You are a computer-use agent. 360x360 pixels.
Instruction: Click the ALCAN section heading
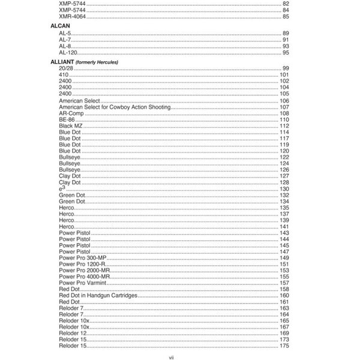[59, 27]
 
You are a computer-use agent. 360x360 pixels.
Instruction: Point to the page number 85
[286, 16]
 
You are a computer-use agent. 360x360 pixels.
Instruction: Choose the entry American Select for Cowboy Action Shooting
[115, 107]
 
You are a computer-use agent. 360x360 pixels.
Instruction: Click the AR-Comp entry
[71, 114]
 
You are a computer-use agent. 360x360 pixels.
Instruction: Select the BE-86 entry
[67, 120]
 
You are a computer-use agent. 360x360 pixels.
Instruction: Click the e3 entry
[61, 188]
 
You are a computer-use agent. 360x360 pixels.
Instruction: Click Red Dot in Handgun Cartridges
[98, 295]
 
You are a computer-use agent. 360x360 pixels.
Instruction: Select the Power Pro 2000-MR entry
[84, 270]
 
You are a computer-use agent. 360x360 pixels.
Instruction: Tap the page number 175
[284, 346]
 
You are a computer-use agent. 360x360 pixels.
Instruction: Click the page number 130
[284, 189]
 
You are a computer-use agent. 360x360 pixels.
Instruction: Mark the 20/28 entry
[66, 68]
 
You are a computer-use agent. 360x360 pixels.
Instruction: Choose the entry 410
[63, 74]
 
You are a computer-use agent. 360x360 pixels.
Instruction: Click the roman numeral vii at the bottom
[170, 357]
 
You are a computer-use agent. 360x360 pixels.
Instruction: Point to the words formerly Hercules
[97, 62]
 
